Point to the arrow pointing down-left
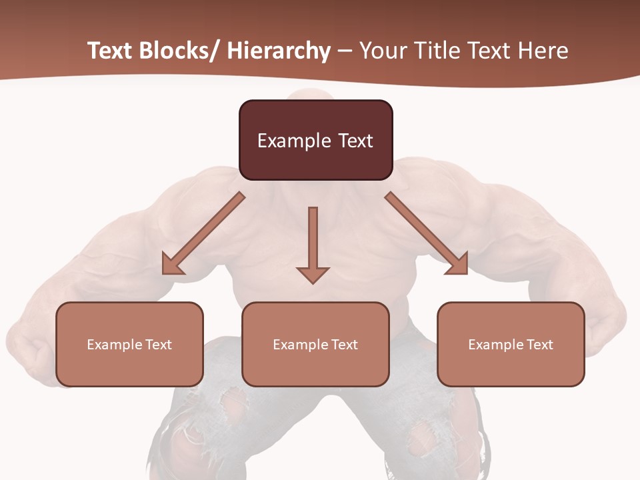(203, 233)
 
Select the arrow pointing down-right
(427, 233)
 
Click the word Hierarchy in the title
(279, 51)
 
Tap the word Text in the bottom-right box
(539, 345)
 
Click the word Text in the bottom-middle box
(344, 345)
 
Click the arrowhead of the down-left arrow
(171, 265)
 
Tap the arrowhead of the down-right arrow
(458, 265)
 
